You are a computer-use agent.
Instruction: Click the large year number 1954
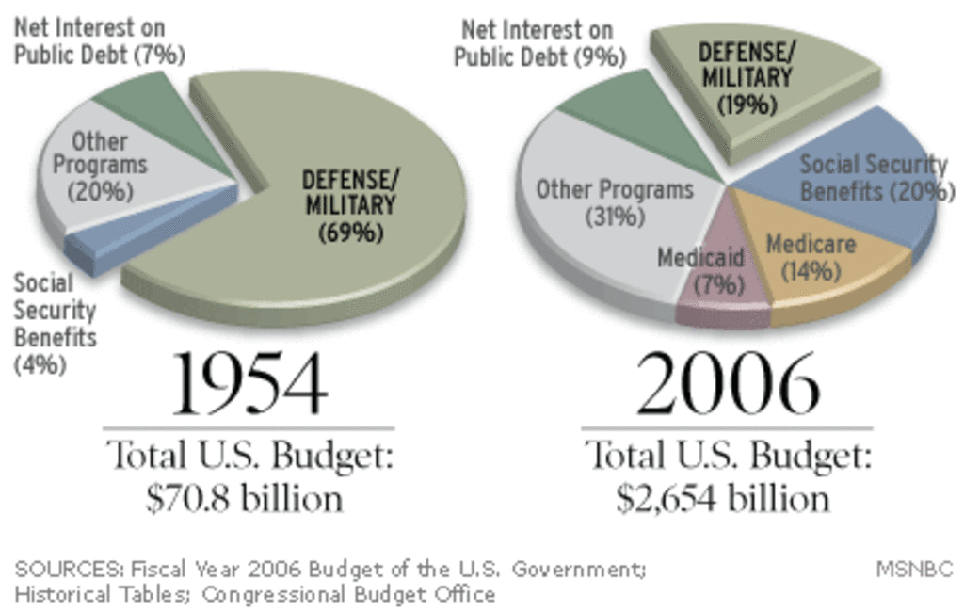coord(249,386)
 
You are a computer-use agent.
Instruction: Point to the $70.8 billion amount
coord(244,499)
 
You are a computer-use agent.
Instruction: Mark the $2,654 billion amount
coord(723,499)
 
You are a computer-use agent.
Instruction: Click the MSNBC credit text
coord(914,570)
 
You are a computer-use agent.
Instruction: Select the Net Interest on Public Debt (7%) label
coord(99,42)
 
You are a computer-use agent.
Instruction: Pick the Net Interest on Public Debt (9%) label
coord(539,44)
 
